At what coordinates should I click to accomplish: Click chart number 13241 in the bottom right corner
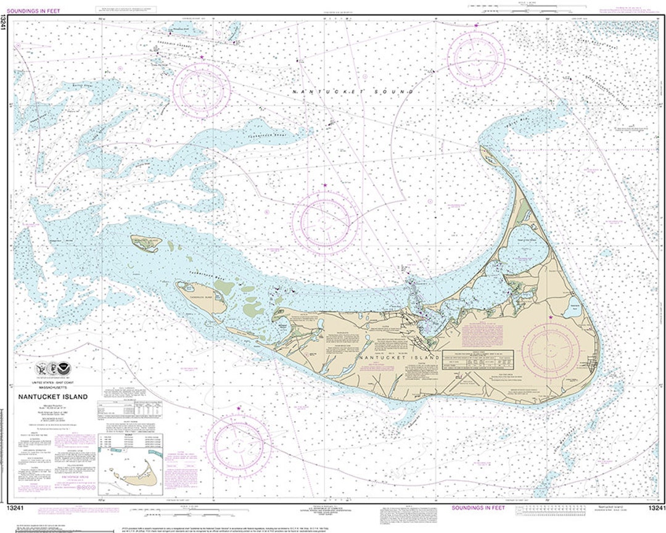(x=655, y=508)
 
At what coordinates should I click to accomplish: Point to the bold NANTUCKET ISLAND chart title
(x=52, y=397)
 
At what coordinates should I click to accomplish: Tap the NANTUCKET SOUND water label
(x=352, y=91)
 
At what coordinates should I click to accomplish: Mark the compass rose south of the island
(x=239, y=445)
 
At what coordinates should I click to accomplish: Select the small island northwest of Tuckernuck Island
(x=145, y=243)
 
